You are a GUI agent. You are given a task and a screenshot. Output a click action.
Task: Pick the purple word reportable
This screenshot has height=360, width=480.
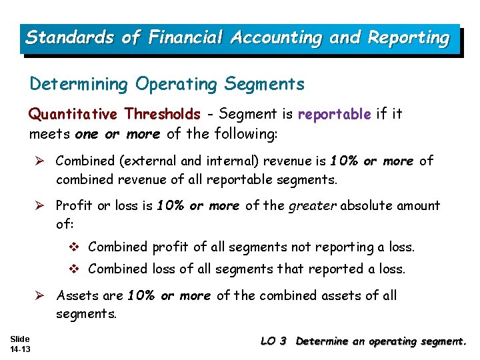click(x=334, y=114)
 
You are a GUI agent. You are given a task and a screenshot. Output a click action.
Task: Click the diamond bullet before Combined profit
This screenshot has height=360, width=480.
click(x=75, y=247)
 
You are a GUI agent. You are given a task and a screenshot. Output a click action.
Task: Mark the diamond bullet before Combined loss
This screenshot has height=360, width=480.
click(x=75, y=269)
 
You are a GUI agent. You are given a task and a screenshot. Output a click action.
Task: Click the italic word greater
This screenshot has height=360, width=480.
click(x=313, y=205)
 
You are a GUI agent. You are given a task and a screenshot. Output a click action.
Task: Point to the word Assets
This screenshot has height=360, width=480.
click(x=76, y=295)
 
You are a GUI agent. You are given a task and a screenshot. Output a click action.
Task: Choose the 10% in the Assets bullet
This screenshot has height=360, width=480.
click(x=141, y=295)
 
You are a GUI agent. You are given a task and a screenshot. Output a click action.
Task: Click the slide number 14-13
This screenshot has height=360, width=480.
click(x=21, y=349)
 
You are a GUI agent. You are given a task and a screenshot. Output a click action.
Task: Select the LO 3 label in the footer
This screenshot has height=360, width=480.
click(x=273, y=341)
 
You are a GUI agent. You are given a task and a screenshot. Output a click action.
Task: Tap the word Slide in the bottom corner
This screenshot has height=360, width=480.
click(x=20, y=339)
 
